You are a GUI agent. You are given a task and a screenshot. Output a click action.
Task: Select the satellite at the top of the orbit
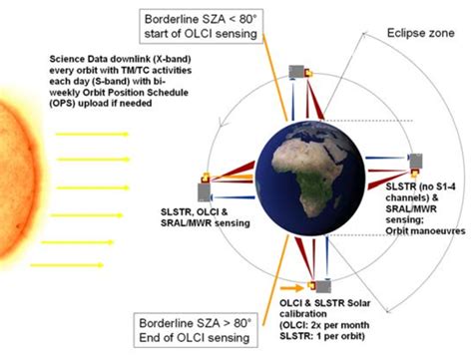pyautogui.click(x=295, y=72)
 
